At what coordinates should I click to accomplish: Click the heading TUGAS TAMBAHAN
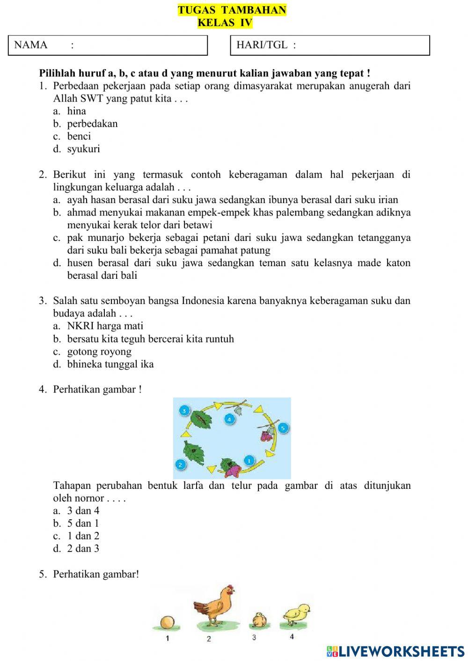click(x=232, y=10)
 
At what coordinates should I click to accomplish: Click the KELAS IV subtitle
click(x=225, y=23)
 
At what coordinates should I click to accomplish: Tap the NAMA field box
click(x=108, y=45)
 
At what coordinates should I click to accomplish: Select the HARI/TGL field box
click(x=330, y=45)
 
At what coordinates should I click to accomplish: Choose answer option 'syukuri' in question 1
click(x=83, y=149)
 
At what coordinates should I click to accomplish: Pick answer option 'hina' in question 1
click(x=76, y=111)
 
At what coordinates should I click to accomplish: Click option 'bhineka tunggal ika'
click(x=110, y=364)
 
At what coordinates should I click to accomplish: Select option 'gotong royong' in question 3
click(x=99, y=352)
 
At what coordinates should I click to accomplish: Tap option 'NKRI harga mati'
click(x=105, y=326)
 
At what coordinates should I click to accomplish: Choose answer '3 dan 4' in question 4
click(x=83, y=511)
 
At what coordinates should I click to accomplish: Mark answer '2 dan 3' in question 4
click(x=83, y=549)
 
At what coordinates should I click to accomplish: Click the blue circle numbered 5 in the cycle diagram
click(x=283, y=428)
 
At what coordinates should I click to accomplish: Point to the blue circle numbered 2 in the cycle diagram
click(x=180, y=465)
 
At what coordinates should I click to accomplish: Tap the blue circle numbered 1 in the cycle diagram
click(x=249, y=460)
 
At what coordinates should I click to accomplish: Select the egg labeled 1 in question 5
click(x=167, y=623)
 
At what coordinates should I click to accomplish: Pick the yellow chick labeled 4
click(x=296, y=614)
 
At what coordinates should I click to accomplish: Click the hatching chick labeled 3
click(x=258, y=620)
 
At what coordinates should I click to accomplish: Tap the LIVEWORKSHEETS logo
click(x=395, y=651)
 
